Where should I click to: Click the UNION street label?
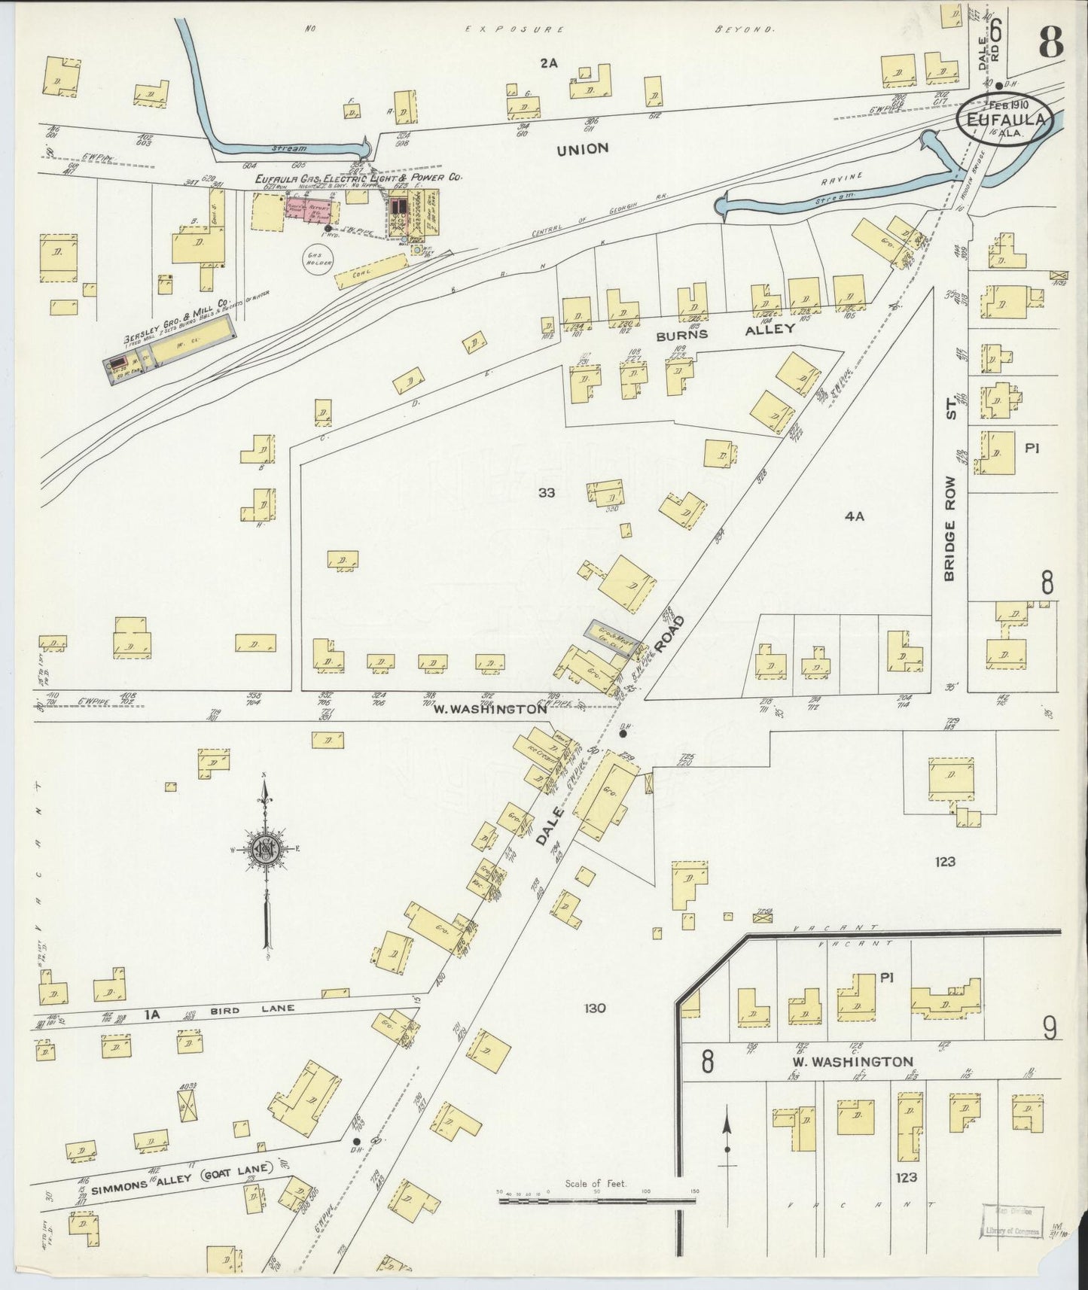pos(582,149)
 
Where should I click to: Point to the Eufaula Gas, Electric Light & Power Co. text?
pos(358,178)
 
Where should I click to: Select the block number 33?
pos(547,493)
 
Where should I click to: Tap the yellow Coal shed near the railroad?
pos(370,272)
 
